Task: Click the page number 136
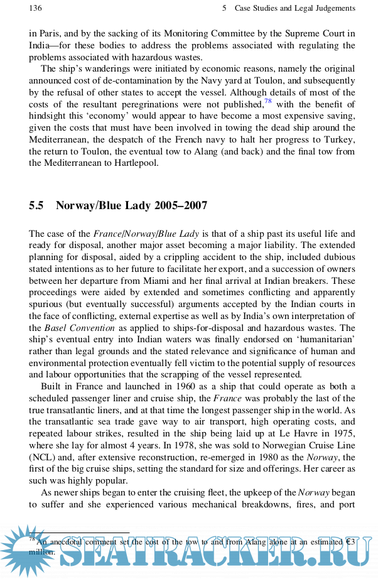pos(35,8)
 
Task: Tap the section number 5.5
pos(37,206)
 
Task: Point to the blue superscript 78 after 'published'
pos(267,102)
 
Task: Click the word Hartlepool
pos(135,163)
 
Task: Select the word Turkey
pos(339,139)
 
